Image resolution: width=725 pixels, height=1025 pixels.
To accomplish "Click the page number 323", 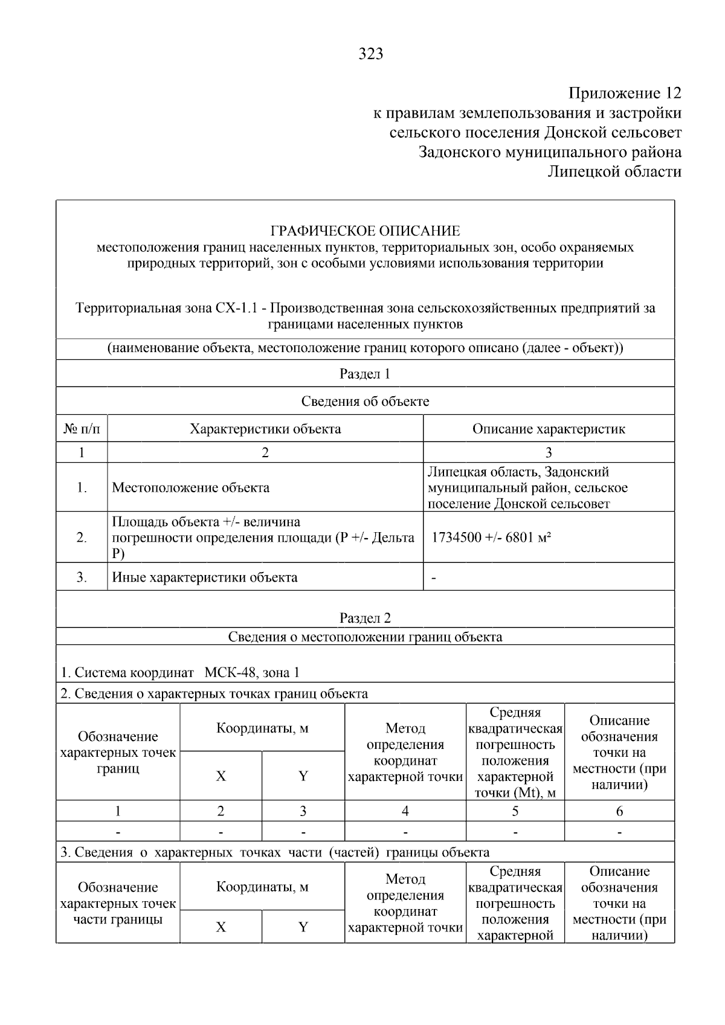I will (370, 54).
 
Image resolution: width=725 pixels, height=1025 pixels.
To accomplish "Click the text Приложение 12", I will (625, 94).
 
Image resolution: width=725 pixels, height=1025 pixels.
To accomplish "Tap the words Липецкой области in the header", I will (614, 172).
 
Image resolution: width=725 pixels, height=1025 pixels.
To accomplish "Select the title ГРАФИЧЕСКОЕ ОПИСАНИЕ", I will (365, 231).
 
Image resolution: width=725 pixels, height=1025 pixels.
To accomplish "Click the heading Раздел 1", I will (365, 374).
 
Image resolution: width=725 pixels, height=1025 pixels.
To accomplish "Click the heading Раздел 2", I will (365, 618).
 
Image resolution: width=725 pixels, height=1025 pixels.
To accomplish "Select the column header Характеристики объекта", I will (265, 429).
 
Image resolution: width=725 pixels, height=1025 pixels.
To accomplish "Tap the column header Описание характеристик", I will (548, 429).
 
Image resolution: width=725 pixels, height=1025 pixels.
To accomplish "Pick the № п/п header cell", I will (82, 429).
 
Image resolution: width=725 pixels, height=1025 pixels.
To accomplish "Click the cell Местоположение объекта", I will (191, 487).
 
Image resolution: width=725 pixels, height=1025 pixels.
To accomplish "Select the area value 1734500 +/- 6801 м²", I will (491, 538).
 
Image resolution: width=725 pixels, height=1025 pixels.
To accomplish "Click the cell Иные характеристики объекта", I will (205, 577).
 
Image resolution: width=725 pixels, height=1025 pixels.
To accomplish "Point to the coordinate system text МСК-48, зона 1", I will (252, 673).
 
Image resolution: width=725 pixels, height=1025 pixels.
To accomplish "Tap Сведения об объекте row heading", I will (365, 402).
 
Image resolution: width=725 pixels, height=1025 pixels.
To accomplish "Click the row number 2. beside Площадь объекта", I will (82, 538).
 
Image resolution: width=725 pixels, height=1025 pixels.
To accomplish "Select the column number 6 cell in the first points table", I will (619, 811).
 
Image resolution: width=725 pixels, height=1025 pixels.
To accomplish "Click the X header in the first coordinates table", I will (221, 776).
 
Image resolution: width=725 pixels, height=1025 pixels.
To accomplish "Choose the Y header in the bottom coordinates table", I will (303, 927).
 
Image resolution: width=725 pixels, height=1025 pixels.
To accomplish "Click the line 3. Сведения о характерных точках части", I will (275, 852).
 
